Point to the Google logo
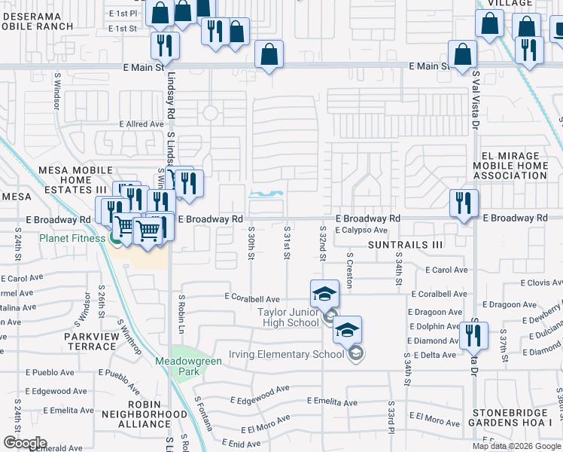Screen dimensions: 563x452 25,442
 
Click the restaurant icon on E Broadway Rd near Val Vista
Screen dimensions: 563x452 464,203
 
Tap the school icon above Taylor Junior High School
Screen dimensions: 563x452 324,293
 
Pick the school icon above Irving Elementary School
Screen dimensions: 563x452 348,330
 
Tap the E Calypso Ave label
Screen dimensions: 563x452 361,231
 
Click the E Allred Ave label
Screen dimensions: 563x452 142,124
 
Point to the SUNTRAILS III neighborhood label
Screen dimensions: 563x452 406,245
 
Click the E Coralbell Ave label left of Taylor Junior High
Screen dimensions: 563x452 252,298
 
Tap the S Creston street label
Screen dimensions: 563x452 349,264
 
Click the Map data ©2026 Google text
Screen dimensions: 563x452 516,446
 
